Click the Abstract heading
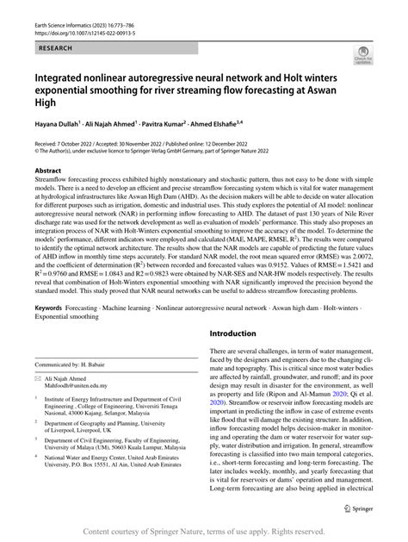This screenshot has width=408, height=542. pos(48,171)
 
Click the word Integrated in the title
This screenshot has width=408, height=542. pos(59,78)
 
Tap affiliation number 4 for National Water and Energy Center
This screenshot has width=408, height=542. pos(38,483)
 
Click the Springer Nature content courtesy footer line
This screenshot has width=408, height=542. pos(203,532)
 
